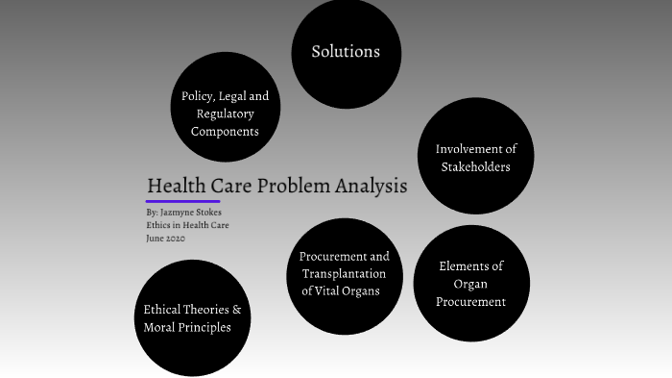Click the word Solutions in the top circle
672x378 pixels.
[346, 52]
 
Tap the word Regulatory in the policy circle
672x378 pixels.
[226, 113]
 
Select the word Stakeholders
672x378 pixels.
[475, 166]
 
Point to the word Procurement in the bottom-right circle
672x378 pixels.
[470, 302]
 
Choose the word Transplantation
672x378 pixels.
[344, 274]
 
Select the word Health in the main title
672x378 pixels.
[174, 186]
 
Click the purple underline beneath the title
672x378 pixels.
[182, 201]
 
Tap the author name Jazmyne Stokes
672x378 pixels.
[197, 213]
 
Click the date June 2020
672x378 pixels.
[166, 239]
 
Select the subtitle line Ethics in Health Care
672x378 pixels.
[187, 225]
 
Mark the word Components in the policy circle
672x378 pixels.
[226, 131]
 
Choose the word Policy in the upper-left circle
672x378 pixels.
[198, 96]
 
